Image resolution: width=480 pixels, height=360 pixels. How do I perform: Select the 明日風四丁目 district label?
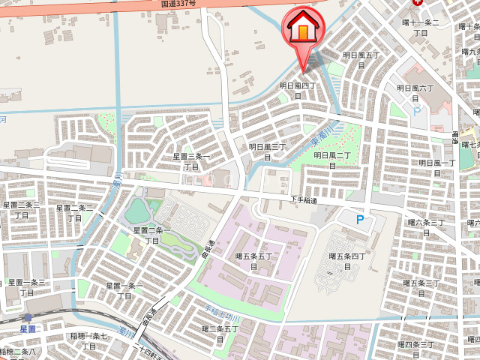coord(300,91)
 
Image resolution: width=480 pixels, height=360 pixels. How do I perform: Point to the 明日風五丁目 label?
coord(362,60)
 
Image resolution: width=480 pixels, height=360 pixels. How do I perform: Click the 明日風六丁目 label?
coord(415,93)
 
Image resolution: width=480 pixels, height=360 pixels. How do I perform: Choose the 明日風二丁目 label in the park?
coord(332,160)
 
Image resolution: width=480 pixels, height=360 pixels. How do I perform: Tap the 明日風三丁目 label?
coord(267,151)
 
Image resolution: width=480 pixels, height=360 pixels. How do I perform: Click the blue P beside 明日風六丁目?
coord(416,111)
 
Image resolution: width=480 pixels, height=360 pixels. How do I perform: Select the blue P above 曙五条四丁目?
coord(359,220)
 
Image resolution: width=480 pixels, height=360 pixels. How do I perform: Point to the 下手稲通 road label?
coord(304,199)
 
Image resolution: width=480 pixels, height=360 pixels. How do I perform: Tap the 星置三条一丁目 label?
coord(189,161)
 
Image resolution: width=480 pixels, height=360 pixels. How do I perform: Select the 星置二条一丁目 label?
coord(152,235)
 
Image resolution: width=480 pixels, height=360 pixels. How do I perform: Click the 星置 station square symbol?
coord(28,318)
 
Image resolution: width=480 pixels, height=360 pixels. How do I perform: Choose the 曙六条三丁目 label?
coord(425,227)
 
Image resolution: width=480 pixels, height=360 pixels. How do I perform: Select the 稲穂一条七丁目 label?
coord(88,341)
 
